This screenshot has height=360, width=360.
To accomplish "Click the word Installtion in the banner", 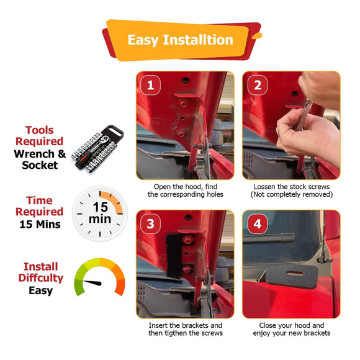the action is [x=198, y=40].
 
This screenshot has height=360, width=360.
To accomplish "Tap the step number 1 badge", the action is [x=150, y=85].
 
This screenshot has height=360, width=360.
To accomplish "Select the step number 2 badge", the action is [x=258, y=85].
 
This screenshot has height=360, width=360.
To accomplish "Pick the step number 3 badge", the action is [x=150, y=224].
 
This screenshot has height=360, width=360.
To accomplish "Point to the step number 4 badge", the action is [x=258, y=224].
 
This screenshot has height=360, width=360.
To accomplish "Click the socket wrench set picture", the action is [x=97, y=149].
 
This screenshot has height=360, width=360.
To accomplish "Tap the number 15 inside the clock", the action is [x=101, y=207].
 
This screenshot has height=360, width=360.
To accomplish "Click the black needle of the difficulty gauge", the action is [x=92, y=282].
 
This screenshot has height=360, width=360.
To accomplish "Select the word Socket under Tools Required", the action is [x=40, y=165].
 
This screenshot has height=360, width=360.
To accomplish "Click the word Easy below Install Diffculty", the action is [x=40, y=291].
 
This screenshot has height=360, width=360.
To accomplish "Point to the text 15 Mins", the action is [x=40, y=224].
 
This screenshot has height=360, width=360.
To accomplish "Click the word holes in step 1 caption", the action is [x=215, y=194].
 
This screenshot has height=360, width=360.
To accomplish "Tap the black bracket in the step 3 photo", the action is [x=174, y=255].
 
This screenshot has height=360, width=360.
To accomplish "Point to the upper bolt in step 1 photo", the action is [x=184, y=103].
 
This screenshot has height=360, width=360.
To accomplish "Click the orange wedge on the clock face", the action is [x=112, y=202].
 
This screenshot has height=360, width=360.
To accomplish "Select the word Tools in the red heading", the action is [x=40, y=130].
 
